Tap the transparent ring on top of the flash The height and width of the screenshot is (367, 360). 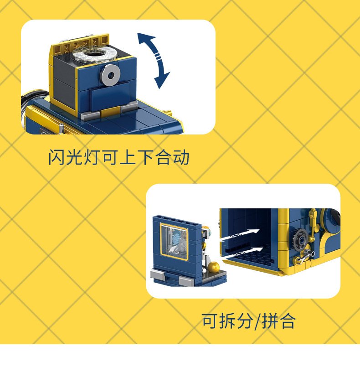(94, 55)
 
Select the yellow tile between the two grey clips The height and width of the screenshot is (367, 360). (111, 112)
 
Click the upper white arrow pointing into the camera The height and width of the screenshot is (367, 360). (240, 235)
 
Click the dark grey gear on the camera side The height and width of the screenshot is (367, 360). (301, 240)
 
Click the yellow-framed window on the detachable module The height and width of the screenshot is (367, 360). (174, 241)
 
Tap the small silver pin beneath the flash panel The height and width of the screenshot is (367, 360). (61, 128)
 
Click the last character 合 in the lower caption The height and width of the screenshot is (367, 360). (288, 320)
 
